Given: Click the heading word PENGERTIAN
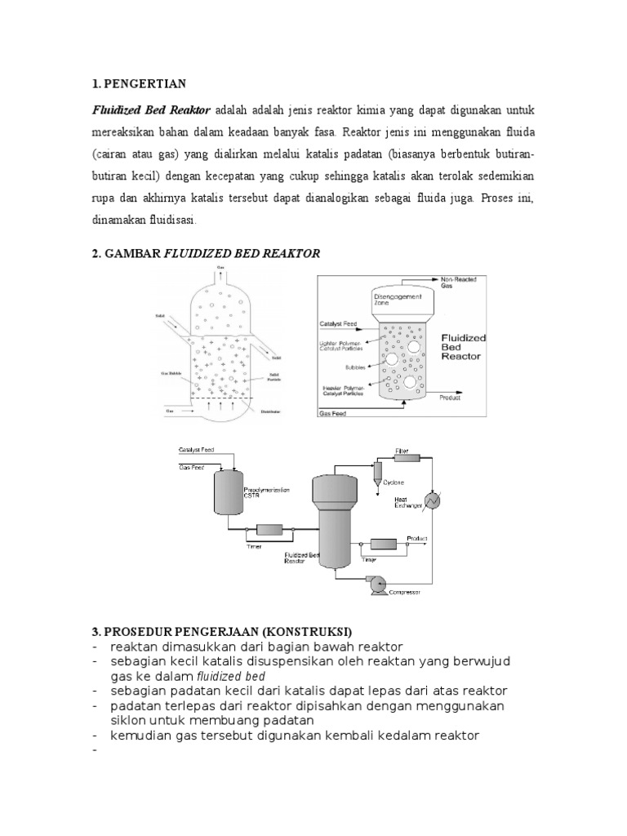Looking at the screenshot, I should [144, 83].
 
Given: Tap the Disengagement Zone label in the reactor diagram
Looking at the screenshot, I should [401, 298].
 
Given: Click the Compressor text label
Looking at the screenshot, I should [405, 593].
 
